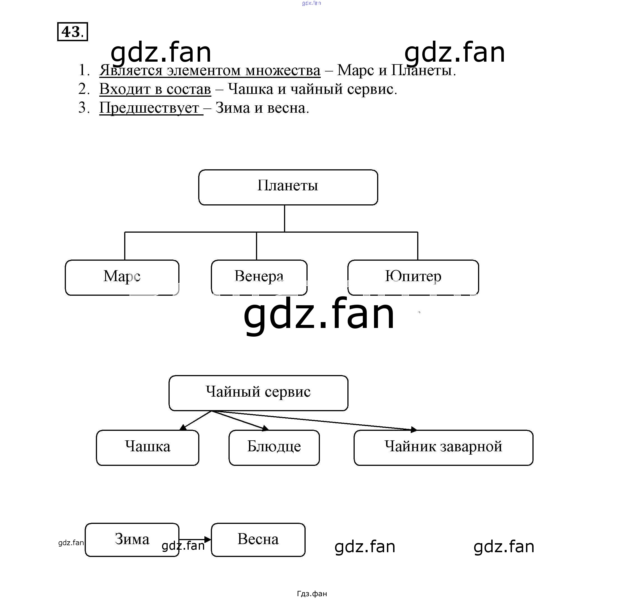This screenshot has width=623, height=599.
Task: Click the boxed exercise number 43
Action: pos(72,32)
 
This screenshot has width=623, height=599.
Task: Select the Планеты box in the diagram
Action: pos(288,187)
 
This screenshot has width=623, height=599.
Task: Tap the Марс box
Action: pos(122,277)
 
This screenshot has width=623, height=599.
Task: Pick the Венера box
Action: pos(259,277)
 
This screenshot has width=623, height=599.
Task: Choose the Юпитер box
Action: pos(413,277)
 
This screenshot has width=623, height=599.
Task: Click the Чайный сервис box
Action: pos(258,393)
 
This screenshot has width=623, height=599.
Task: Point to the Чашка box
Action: pos(147,447)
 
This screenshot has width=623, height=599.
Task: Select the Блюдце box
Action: pos(274,447)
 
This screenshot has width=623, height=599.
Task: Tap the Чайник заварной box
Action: pos(443,447)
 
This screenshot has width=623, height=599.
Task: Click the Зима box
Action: pos(132,540)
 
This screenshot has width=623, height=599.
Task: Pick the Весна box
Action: pos(258,540)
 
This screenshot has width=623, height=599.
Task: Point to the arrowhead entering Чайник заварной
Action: pos(414,430)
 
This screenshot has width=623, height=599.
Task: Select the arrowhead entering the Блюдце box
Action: pos(266,428)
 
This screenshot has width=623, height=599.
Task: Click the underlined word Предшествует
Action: pos(149,108)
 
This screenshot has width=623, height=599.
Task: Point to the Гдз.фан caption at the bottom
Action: pos(312,593)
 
